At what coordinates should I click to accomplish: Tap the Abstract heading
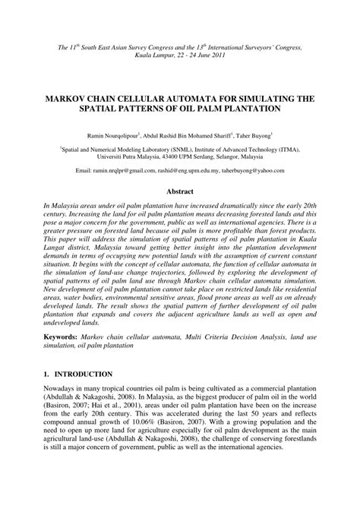pyautogui.click(x=179, y=193)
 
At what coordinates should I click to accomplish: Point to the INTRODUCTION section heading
pyautogui.click(x=84, y=395)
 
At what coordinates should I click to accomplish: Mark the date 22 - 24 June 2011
pyautogui.click(x=187, y=55)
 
